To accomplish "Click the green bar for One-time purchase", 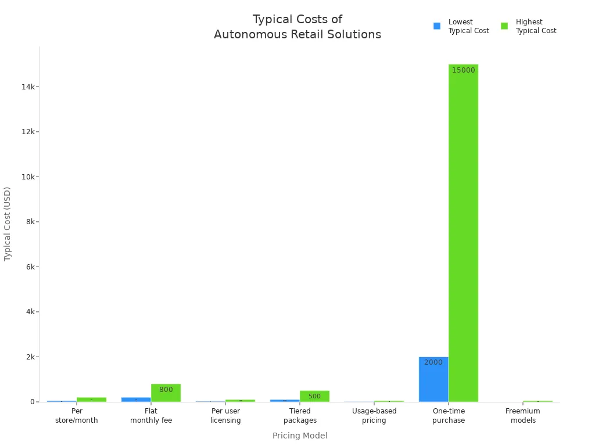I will click(463, 232).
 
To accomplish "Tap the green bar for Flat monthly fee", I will click(166, 393).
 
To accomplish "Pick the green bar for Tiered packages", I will click(314, 396).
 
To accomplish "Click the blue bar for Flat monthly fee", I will click(136, 400).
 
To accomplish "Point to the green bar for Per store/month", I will click(91, 400).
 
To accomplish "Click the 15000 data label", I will click(463, 70).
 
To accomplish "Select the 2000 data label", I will click(433, 362).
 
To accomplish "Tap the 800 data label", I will click(166, 390).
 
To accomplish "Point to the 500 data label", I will click(314, 397).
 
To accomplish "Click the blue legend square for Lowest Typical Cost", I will click(437, 26).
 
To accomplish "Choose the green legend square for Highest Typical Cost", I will click(504, 26).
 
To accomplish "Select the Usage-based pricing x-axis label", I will click(374, 416).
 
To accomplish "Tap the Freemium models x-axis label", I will click(523, 416).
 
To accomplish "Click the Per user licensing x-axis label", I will click(225, 416).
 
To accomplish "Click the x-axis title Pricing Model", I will click(300, 436).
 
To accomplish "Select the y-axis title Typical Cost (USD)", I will click(8, 224).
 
